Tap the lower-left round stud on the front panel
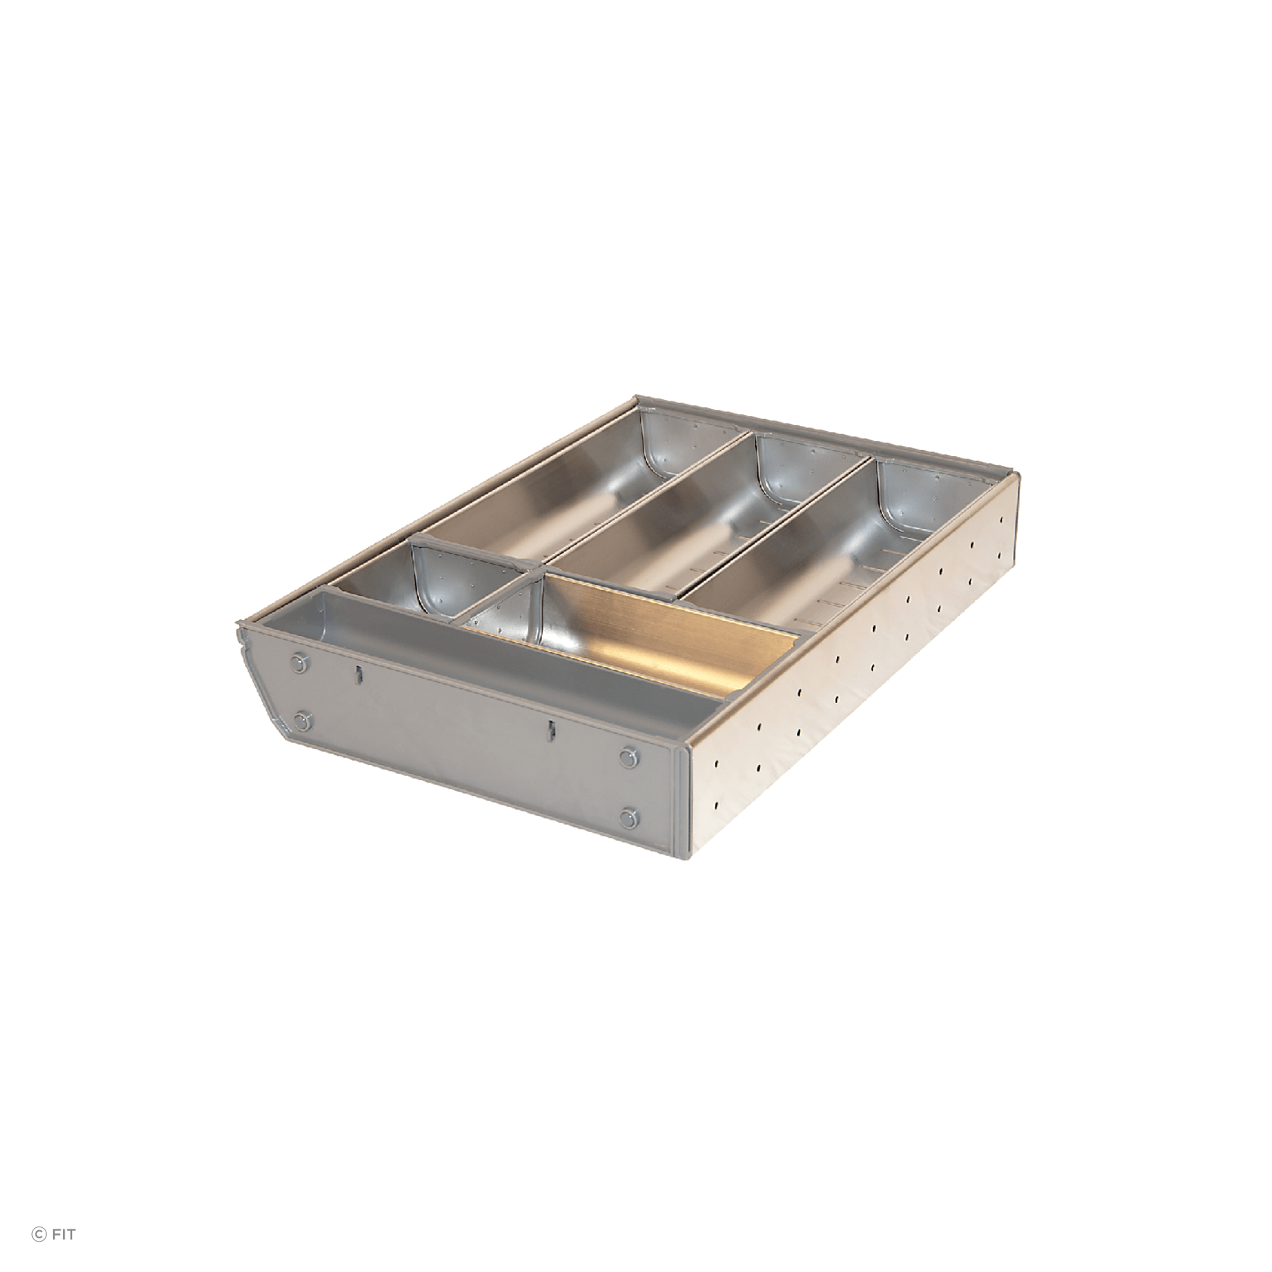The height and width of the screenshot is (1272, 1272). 304,720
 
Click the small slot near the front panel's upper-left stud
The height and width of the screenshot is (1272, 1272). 356,674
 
